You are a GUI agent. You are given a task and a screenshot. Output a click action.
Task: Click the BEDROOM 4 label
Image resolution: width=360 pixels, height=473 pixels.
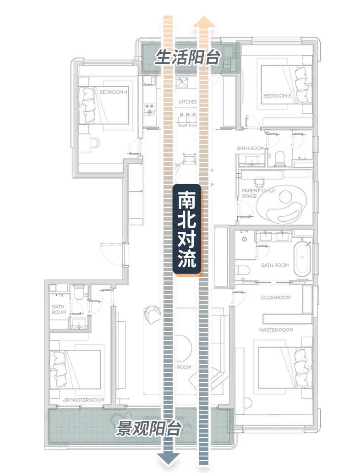coord(113,92)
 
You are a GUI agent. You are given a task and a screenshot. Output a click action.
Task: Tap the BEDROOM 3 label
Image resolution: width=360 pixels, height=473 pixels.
coord(277,96)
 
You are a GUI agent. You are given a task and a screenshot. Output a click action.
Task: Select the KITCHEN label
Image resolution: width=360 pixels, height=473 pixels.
coord(187,101)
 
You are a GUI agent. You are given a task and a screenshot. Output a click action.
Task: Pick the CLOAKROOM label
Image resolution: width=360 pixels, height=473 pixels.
coord(275,297)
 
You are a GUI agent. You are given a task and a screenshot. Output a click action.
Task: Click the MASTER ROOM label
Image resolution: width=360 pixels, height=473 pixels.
coord(276,330)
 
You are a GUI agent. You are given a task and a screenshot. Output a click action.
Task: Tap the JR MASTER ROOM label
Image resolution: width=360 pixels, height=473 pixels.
coord(83,400)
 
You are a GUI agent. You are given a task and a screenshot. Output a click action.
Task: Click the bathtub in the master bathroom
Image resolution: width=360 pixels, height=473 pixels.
coord(302,259)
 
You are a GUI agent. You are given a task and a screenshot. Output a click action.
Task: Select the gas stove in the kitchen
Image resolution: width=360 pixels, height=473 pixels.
coord(150,108)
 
